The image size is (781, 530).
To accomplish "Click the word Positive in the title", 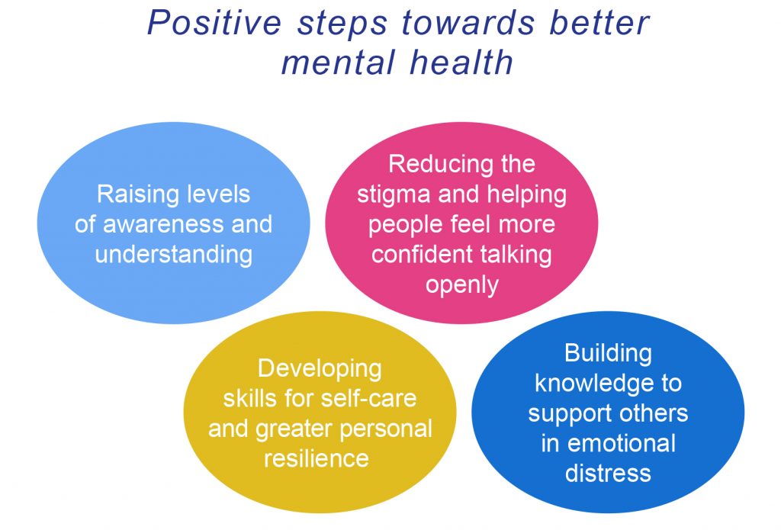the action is click(x=214, y=22).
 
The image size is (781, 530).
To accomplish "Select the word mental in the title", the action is click(x=338, y=63).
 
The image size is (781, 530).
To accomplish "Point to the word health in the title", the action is click(x=461, y=62).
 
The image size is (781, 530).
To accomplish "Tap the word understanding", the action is click(x=173, y=255).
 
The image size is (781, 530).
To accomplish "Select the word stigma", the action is click(x=394, y=194).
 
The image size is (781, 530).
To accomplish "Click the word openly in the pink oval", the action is click(x=461, y=285).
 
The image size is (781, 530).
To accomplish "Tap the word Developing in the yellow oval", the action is click(x=320, y=369).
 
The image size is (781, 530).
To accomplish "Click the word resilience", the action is click(x=317, y=458).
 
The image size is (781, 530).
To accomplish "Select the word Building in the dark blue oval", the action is click(x=608, y=354).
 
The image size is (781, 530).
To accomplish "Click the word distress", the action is click(x=608, y=474).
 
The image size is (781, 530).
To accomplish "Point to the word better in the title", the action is click(x=599, y=22).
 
